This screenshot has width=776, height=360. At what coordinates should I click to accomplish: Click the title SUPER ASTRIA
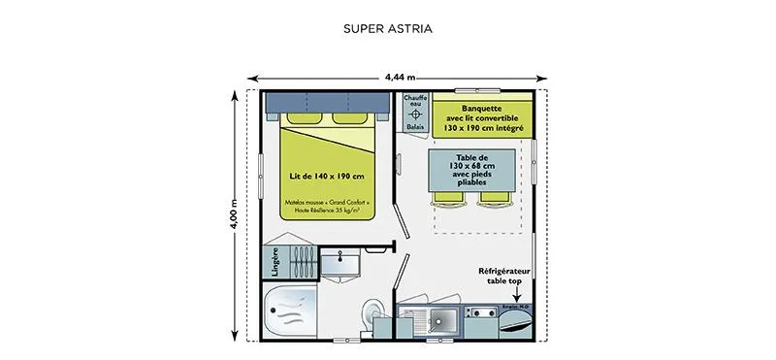[387, 28]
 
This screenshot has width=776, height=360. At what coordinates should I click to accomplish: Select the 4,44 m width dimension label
[400, 76]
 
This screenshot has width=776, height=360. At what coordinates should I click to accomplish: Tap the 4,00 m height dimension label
[234, 215]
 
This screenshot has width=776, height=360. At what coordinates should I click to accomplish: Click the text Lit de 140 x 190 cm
[327, 176]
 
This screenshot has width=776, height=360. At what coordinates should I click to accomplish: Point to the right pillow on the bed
[350, 118]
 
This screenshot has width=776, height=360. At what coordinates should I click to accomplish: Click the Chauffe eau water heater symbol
[414, 115]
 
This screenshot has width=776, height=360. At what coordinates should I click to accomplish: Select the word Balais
[414, 127]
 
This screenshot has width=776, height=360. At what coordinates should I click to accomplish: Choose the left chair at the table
[448, 197]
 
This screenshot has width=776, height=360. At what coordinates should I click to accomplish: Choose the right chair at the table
[495, 197]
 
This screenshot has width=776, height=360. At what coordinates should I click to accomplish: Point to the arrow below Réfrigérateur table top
[516, 299]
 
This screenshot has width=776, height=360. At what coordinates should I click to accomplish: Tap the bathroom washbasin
[339, 258]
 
